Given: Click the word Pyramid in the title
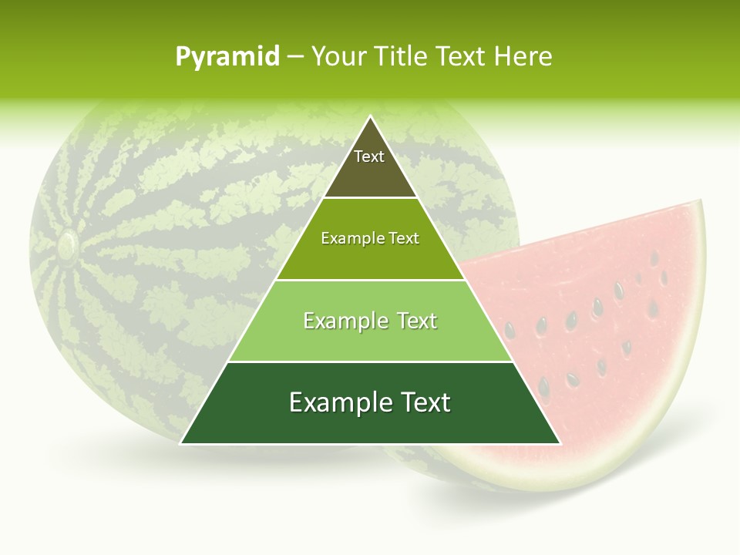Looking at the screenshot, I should (227, 57).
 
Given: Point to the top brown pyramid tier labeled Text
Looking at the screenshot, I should (369, 166).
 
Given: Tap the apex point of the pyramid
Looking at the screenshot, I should (370, 116).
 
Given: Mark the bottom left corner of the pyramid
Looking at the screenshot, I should (181, 443).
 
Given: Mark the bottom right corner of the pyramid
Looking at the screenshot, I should (560, 443).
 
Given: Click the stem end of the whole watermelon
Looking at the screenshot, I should (67, 245).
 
